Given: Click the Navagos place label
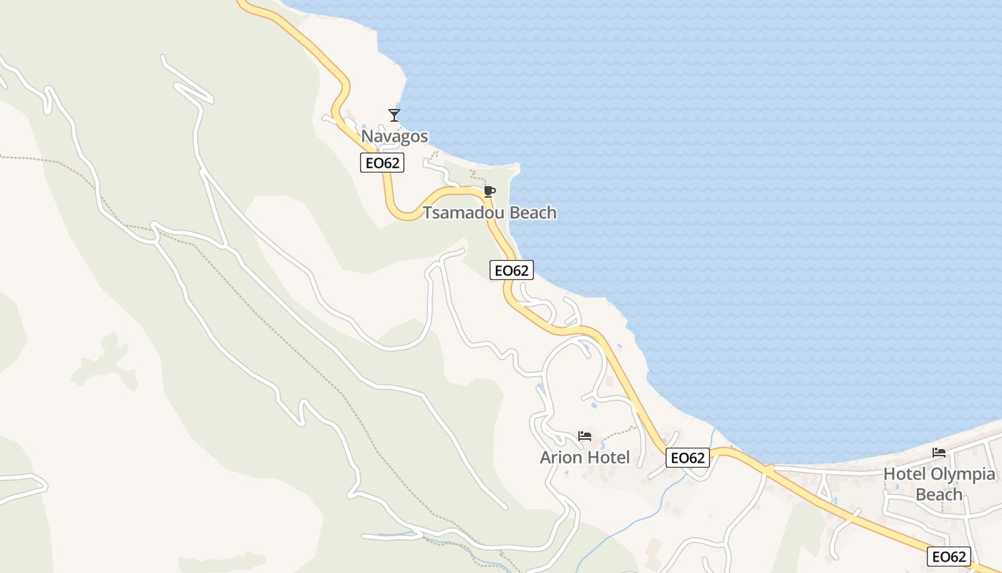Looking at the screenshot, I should pyautogui.click(x=394, y=136).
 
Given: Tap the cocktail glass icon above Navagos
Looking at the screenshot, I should pyautogui.click(x=394, y=115).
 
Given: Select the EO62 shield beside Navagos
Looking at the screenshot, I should pyautogui.click(x=382, y=163).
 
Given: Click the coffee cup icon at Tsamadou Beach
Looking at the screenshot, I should pyautogui.click(x=489, y=191).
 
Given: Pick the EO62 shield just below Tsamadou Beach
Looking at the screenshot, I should pyautogui.click(x=512, y=270).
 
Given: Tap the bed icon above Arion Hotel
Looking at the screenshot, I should pyautogui.click(x=585, y=435).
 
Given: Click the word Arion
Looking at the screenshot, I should pyautogui.click(x=560, y=457).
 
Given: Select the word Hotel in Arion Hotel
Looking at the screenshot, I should pyautogui.click(x=608, y=457).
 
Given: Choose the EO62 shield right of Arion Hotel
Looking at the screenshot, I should pyautogui.click(x=688, y=458).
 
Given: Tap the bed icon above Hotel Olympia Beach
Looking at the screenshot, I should pyautogui.click(x=939, y=453).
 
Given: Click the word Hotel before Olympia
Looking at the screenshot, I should pyautogui.click(x=904, y=474).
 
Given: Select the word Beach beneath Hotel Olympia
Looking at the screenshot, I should pyautogui.click(x=939, y=494).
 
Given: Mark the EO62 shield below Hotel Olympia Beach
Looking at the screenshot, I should pyautogui.click(x=950, y=557).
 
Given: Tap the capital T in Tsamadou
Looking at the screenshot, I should pyautogui.click(x=427, y=213).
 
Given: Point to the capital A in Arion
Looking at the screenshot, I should pyautogui.click(x=545, y=457).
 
